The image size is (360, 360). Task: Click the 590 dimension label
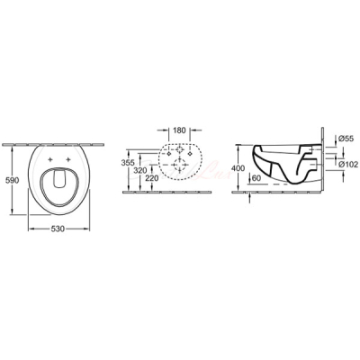pos(13,180)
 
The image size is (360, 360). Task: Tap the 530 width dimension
pos(58,229)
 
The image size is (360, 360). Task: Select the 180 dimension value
pos(180,130)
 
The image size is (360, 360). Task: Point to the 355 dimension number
pos(128,163)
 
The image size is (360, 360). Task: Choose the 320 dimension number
pos(140,171)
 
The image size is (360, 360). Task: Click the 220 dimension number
pos(152,178)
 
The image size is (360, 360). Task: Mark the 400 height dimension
pos(238,168)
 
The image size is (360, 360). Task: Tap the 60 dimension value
pos(256,178)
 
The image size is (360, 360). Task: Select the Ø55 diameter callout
pos(345,139)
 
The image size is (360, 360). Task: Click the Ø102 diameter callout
pos(348,164)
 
